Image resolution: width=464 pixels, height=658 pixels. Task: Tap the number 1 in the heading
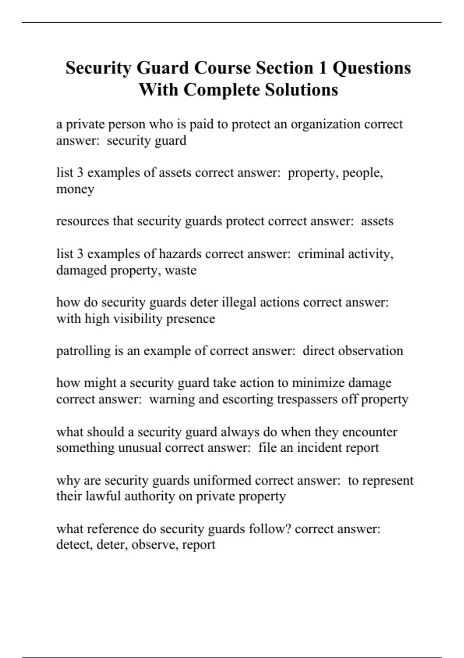(322, 68)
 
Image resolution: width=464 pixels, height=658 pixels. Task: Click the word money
(75, 189)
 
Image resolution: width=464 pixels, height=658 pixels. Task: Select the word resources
(82, 221)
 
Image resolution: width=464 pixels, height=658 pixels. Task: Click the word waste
(181, 270)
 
